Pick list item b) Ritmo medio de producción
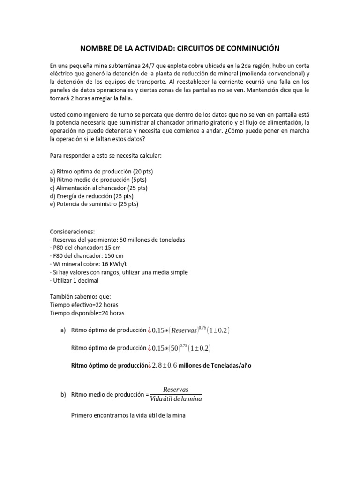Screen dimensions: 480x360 pos(100,180)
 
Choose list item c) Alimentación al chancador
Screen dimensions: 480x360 pos(98,187)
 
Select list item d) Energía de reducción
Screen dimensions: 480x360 pos(91,195)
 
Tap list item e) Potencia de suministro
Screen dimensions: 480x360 pos(94,204)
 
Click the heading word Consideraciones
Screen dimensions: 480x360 pos(72,232)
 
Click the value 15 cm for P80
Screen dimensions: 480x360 pos(113,248)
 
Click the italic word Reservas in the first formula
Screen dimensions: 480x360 pos(184,330)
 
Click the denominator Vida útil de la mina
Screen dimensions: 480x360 pos(176,399)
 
